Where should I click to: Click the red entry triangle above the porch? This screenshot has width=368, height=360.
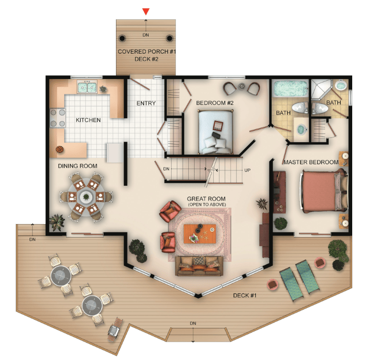tap(146, 11)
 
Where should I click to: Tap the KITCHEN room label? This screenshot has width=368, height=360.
tap(88, 120)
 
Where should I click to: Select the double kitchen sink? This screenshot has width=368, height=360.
tap(87, 87)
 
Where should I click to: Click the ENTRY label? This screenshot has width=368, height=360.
tap(146, 103)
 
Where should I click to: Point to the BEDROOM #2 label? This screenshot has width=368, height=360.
tap(215, 103)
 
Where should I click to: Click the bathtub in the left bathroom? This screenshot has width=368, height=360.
tap(291, 89)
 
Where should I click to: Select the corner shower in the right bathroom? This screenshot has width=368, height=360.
tap(322, 90)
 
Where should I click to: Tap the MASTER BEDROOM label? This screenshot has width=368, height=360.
tap(311, 162)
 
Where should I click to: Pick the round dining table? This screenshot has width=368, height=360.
tap(86, 197)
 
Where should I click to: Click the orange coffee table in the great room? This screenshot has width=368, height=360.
tap(200, 234)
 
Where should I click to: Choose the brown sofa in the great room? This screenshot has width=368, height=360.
tap(199, 266)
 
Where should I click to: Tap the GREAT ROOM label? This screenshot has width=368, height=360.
tap(206, 199)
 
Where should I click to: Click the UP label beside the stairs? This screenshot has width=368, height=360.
tap(247, 170)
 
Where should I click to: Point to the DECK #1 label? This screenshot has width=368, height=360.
tap(245, 295)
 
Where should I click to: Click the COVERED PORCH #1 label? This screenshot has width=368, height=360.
tap(147, 51)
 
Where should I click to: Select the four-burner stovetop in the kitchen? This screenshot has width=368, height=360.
tap(57, 118)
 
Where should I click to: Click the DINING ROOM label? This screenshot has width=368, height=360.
tap(78, 166)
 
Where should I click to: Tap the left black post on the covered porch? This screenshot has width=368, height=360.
tap(122, 38)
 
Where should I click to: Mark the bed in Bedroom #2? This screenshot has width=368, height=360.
tap(216, 132)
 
